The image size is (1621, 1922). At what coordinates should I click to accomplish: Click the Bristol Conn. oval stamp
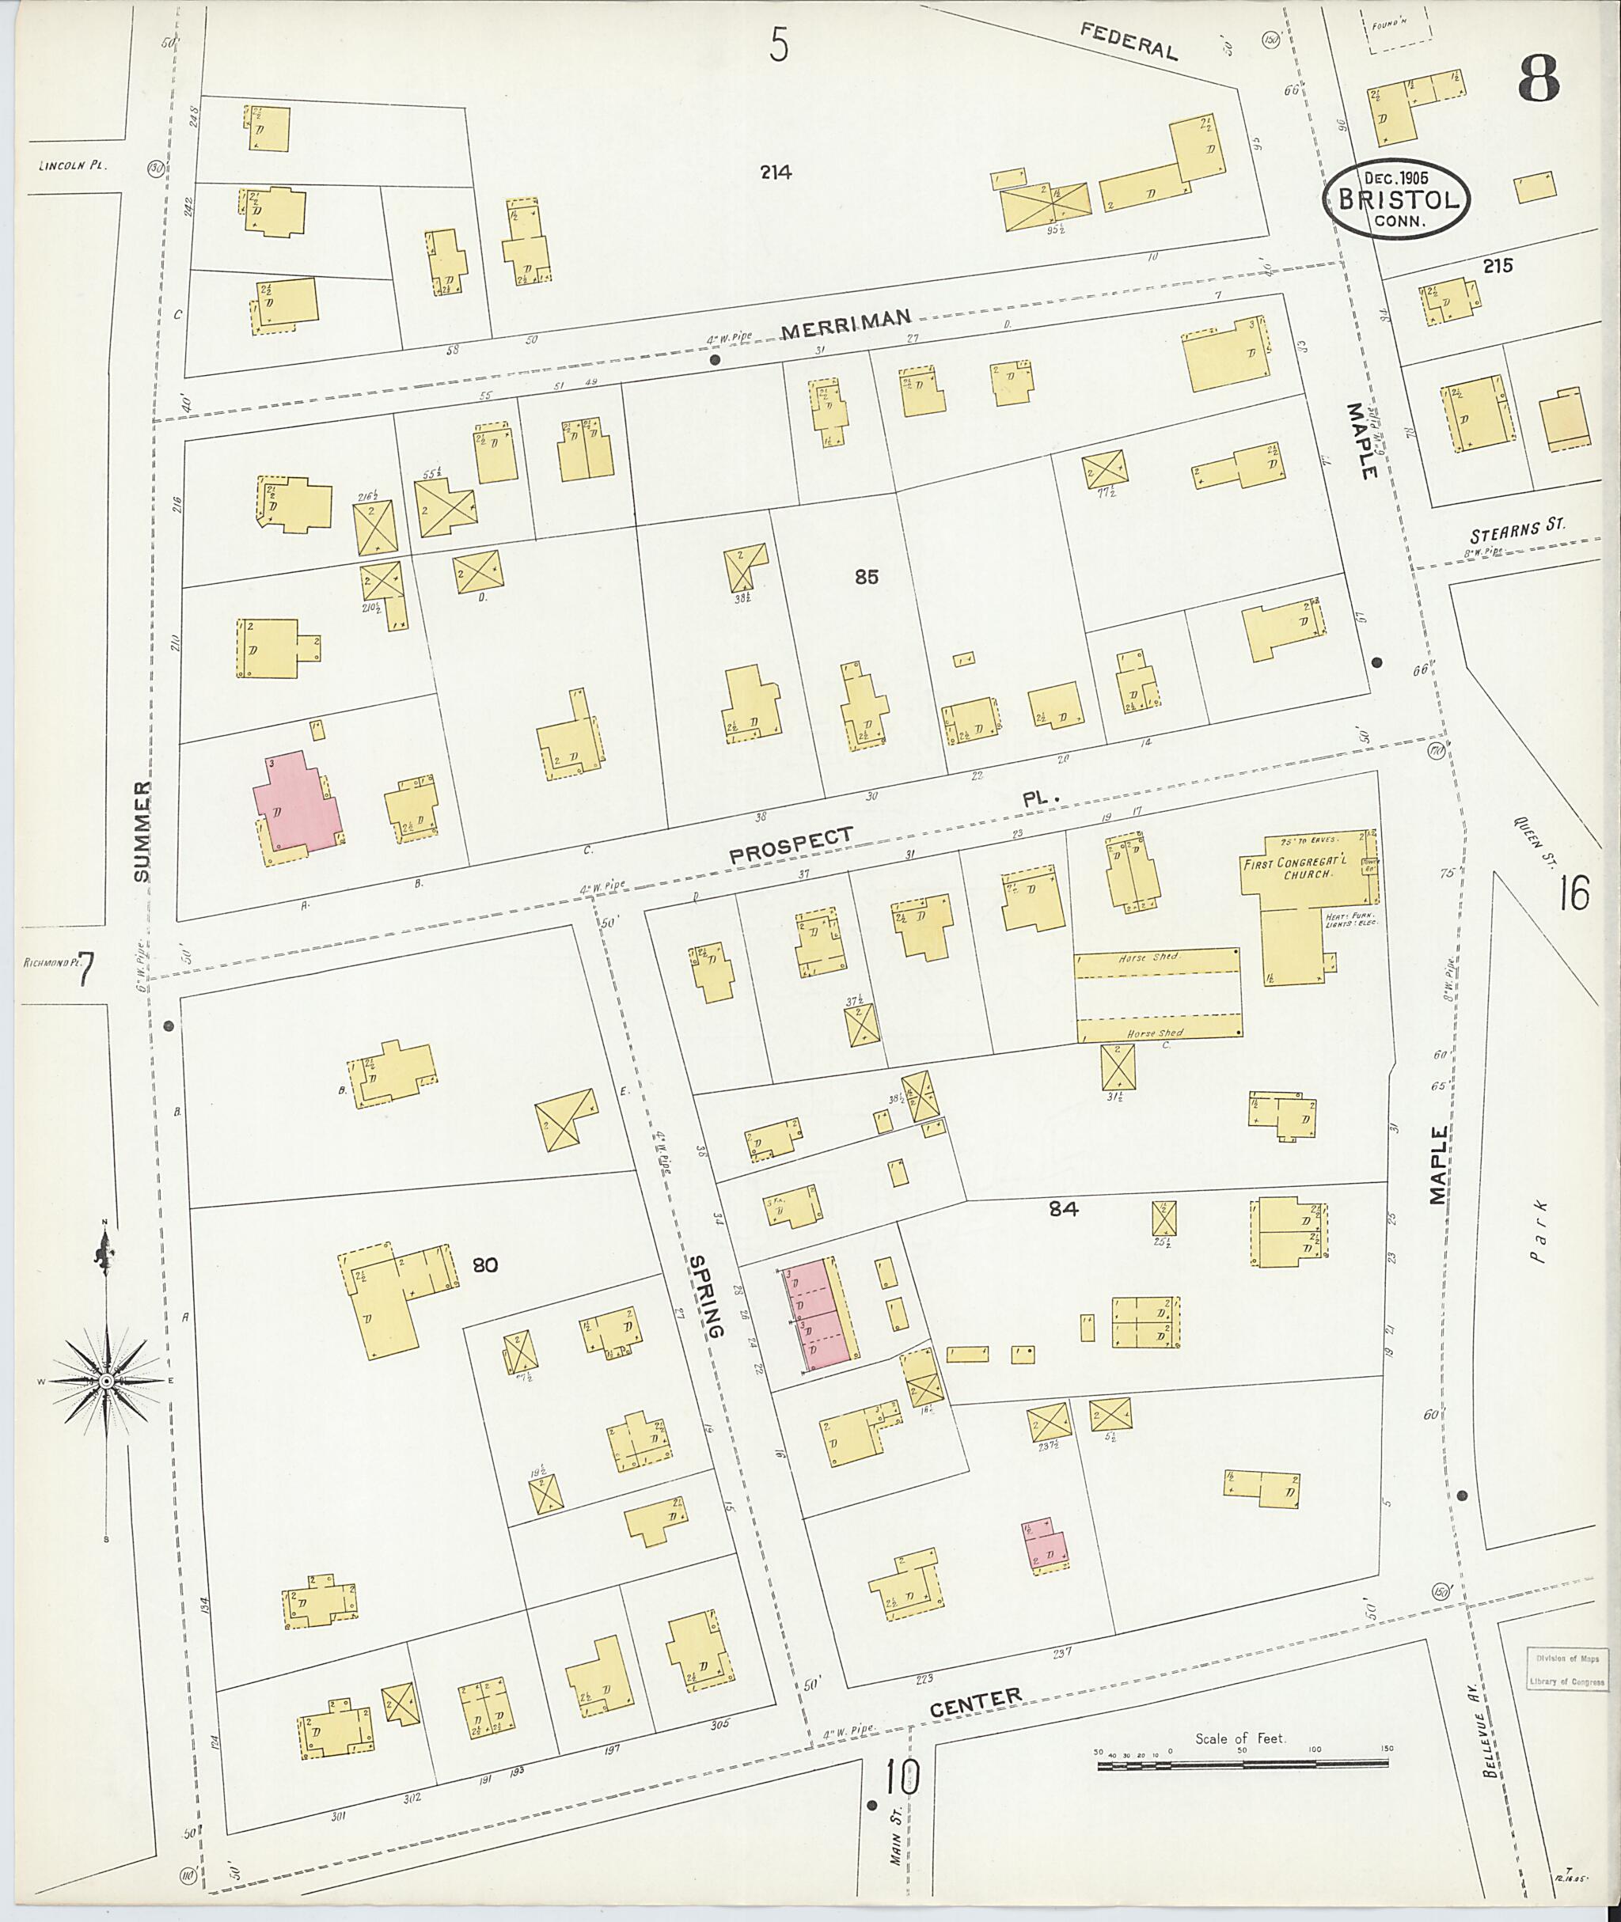(1397, 199)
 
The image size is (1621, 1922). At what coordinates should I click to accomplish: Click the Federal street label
(1129, 41)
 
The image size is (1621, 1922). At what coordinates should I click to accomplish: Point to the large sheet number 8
(1537, 80)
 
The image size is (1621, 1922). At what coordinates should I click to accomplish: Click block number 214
(776, 172)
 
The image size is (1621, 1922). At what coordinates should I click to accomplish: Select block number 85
(866, 577)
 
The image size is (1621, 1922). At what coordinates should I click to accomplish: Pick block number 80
(484, 1265)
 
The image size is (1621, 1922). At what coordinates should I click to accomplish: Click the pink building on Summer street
(298, 801)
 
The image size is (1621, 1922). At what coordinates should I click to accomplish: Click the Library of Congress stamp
(1568, 1670)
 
